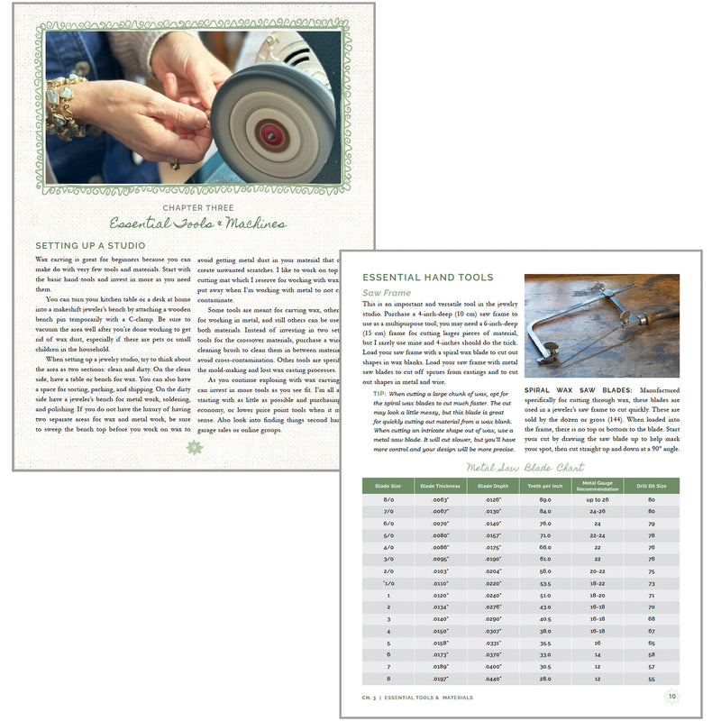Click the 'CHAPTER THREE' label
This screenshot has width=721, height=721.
[x=195, y=206]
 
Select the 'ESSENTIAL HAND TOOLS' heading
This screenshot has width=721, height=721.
[x=426, y=278]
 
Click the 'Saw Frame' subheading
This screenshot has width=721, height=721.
[x=388, y=294]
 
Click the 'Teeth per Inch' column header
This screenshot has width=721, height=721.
[x=545, y=486]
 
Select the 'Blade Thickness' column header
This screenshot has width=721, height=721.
[x=441, y=486]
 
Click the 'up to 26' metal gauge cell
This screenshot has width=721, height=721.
[x=598, y=499]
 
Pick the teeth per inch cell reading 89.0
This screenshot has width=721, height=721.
[x=545, y=499]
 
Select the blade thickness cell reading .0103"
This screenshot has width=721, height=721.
[x=441, y=570]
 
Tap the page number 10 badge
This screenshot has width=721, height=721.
[x=671, y=696]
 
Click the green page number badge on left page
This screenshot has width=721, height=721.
[x=193, y=448]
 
